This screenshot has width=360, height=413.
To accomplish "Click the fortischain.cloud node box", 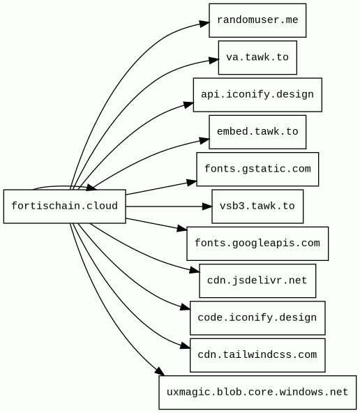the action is coord(64,206).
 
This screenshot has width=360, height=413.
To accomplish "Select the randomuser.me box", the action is coord(257,20).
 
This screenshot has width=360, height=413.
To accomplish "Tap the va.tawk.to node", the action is coord(257,57).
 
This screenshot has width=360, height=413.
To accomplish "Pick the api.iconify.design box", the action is coord(257,95).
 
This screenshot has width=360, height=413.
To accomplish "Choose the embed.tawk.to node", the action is coord(257,132).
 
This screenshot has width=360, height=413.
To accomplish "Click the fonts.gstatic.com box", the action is coord(257,169).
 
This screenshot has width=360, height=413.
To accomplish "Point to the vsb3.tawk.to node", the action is coord(257,206).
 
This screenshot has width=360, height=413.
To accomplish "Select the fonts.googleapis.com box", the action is coord(257,243).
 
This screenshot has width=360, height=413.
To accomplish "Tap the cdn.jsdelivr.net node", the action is coord(257,280).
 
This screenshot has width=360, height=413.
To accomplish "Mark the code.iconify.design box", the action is coord(257,318).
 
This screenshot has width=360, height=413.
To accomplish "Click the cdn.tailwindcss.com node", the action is coord(257,355).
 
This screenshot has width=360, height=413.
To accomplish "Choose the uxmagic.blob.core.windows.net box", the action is coord(257,393).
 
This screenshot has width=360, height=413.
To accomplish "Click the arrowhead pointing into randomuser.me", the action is coord(204,23).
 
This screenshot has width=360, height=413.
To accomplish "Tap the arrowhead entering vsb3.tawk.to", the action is coord(207,206).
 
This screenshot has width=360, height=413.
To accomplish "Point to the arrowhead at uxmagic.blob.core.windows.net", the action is coord(160,371).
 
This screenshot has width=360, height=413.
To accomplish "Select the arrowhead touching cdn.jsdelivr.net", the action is coord(195,270).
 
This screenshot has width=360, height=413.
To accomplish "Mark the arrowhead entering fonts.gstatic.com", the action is coord(192,182).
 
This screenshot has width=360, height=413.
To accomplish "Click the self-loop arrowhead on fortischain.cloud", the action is coord(91,188).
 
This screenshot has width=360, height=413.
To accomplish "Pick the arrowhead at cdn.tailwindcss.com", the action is coord(185,346).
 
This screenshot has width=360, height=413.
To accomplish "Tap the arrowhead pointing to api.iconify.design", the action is coord(188,105).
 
